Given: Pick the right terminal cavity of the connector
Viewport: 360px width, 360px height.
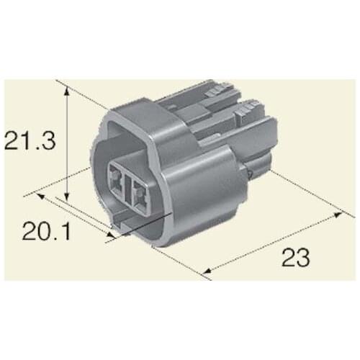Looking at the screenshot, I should [138, 189].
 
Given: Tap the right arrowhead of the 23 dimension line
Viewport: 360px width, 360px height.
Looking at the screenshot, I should [340, 214].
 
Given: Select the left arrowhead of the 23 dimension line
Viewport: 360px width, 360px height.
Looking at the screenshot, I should [207, 272].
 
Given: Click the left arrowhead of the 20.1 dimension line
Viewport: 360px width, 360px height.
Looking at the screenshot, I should [41, 195].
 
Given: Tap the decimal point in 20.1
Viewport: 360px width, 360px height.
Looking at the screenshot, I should [52, 240].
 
